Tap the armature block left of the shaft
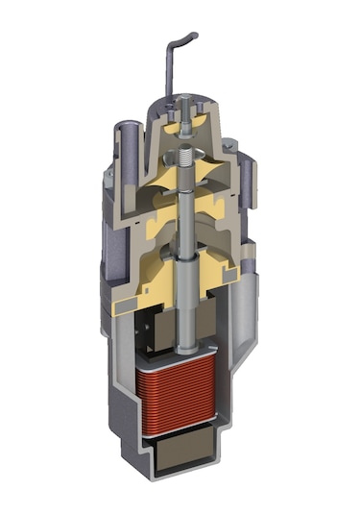(x=152, y=332)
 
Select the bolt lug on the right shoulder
(x=230, y=145)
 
